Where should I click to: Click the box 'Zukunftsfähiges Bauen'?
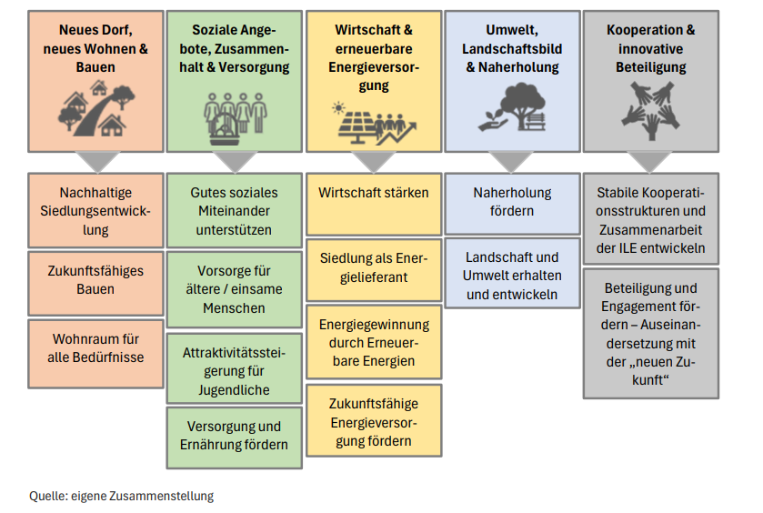[x=95, y=280]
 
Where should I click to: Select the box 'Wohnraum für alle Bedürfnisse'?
[x=95, y=348]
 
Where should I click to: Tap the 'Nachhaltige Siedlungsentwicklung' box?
[x=95, y=211]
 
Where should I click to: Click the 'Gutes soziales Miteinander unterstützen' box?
[x=235, y=211]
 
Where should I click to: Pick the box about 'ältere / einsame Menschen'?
[x=235, y=289]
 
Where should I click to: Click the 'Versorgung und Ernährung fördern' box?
[x=235, y=436]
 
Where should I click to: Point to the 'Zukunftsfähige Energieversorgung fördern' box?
[x=374, y=421]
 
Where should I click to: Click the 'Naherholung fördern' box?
[x=513, y=202]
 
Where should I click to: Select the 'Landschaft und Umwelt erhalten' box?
[x=513, y=276]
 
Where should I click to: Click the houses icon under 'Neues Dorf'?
[x=95, y=107]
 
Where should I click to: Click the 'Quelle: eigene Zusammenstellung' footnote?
[x=122, y=496]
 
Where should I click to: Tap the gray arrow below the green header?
[x=235, y=162]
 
